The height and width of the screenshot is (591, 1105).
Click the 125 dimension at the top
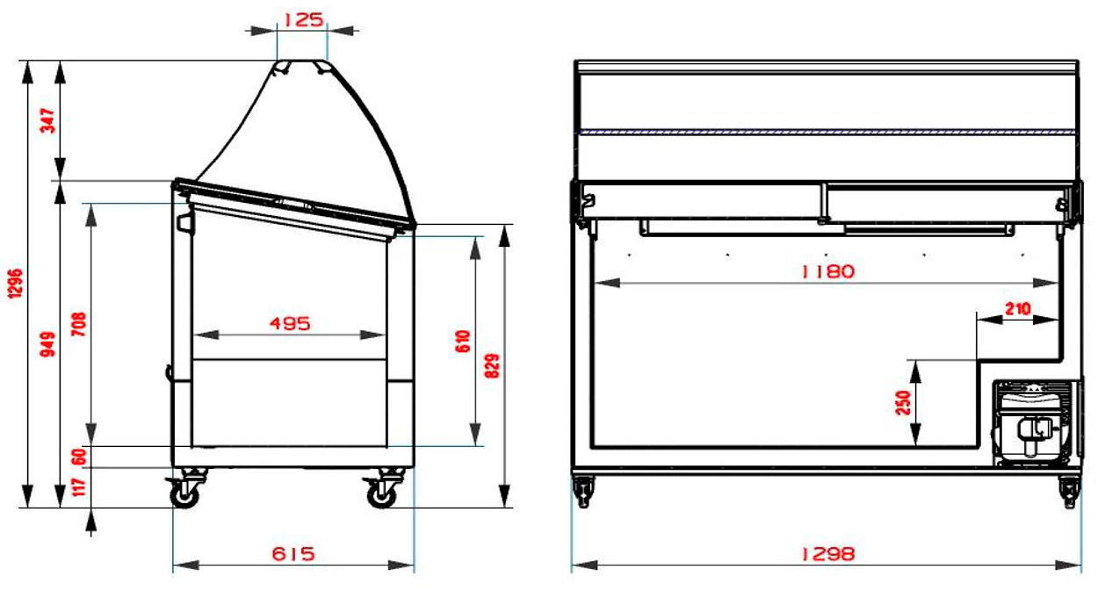pos(303,19)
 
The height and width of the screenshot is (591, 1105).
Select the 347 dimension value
pos(47,121)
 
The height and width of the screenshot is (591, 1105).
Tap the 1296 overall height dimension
pos(15,284)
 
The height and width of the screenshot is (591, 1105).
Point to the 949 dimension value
pos(47,344)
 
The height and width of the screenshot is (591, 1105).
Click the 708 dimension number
pos(79,324)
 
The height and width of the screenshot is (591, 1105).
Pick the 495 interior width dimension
pos(290,324)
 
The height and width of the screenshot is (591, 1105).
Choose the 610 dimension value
pos(462,342)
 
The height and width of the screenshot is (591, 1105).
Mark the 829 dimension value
pos(492,366)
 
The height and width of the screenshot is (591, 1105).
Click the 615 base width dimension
pos(293,553)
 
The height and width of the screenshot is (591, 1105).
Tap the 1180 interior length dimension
pos(827,271)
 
